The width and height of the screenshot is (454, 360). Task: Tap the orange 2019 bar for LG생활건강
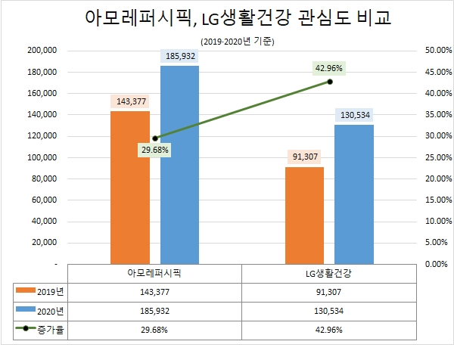point(304,216)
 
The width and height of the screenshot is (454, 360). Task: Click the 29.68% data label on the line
point(154,150)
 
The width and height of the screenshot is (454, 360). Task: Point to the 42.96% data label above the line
point(329,68)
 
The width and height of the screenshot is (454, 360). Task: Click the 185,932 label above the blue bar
point(180,57)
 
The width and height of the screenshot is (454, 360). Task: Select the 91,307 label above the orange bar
point(304,157)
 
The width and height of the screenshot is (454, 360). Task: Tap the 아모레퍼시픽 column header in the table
point(155,272)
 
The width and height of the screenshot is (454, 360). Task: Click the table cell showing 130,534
point(329,310)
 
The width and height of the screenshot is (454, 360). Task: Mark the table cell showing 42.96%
point(329,330)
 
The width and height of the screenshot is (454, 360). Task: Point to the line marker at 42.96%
point(330,81)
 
